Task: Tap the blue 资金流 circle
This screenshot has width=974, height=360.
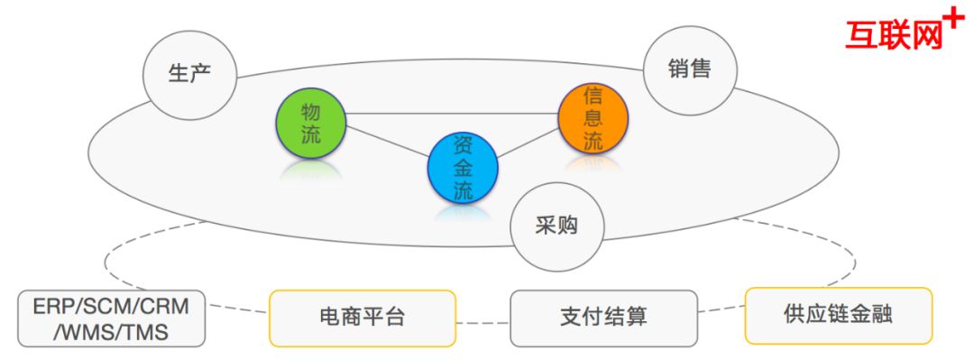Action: click(x=463, y=167)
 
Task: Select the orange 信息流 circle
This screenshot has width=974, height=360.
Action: click(x=593, y=118)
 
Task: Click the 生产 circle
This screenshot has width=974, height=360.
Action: click(x=190, y=74)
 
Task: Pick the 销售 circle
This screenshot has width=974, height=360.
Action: click(x=690, y=69)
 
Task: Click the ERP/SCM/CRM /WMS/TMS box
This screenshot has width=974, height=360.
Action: click(x=111, y=318)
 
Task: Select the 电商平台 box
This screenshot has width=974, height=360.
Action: click(x=362, y=318)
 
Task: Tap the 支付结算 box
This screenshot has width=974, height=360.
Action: click(x=603, y=318)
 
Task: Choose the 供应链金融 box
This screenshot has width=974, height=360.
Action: click(x=838, y=315)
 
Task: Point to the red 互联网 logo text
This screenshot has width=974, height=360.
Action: click(x=893, y=34)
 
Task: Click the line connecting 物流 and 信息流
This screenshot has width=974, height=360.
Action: click(x=451, y=114)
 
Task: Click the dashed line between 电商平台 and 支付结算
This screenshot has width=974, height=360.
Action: click(x=482, y=319)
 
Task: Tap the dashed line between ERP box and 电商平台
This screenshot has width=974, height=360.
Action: click(x=237, y=313)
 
